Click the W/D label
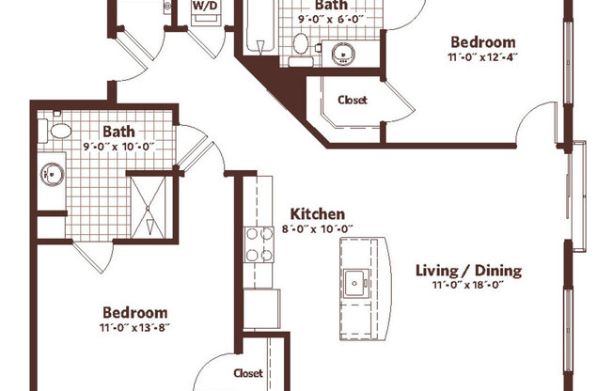point(204,7)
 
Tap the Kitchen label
point(318,214)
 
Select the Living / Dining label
point(468,271)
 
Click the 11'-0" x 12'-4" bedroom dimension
point(483,57)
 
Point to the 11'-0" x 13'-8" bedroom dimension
point(134,327)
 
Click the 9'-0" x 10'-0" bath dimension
point(118,147)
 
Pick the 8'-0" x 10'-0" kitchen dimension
point(318,228)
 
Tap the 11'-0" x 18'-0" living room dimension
point(468,285)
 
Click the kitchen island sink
point(355,283)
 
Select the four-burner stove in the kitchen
point(259,244)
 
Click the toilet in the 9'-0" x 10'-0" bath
point(55,131)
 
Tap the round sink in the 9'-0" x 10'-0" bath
point(53,175)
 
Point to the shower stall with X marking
point(149,208)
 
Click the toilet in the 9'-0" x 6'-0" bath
point(301,49)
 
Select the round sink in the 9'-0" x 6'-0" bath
point(343,54)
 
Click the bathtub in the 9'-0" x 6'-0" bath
point(260,25)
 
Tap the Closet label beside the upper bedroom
point(353,100)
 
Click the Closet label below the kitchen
point(248,373)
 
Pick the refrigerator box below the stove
point(261,309)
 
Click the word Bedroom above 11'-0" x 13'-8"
point(134,313)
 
